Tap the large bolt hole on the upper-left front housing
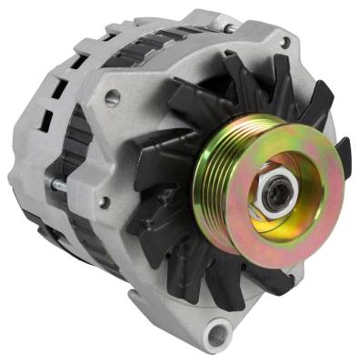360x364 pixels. click(114, 97)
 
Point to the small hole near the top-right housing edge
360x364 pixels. click(285, 43)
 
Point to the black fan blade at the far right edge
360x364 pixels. click(344, 155)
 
